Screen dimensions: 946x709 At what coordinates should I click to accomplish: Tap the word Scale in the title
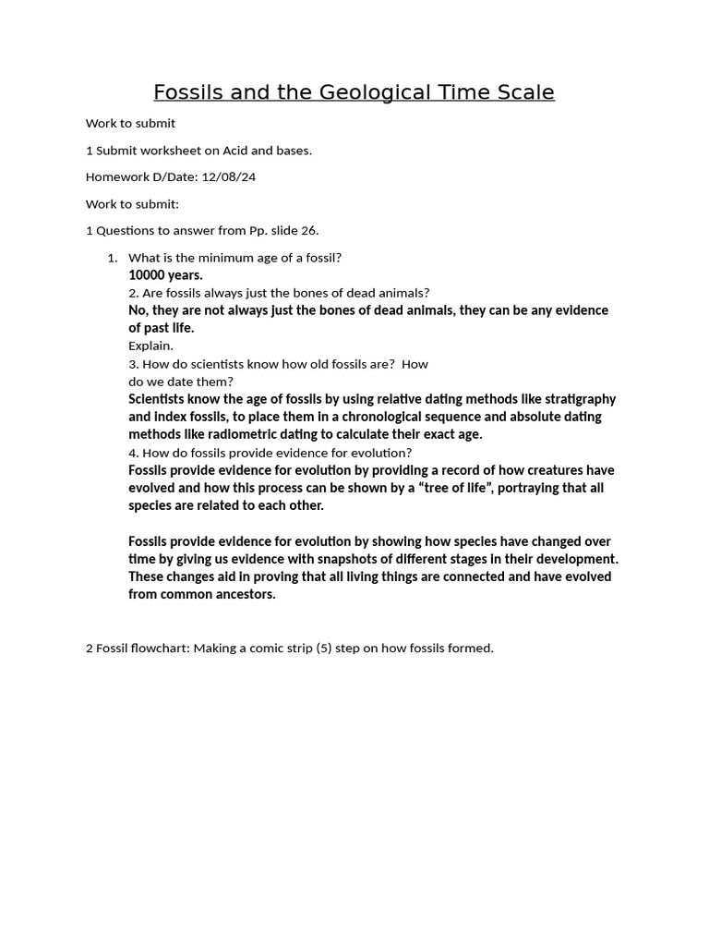523,92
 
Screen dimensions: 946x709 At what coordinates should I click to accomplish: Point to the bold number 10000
147,274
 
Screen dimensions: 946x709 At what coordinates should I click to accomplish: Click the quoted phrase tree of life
466,488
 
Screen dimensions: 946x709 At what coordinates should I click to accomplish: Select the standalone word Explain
150,346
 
